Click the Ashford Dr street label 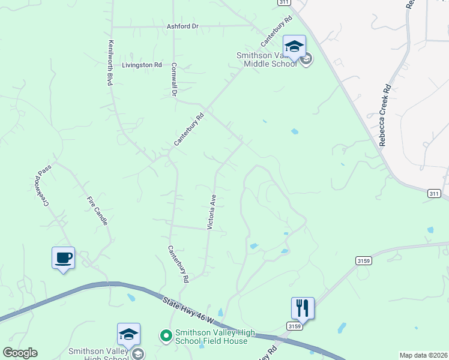click(182, 26)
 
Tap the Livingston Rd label click(142, 65)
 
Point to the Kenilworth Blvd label click(110, 63)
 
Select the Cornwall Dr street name click(174, 80)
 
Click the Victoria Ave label click(211, 211)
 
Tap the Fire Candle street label click(97, 211)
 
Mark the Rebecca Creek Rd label click(385, 115)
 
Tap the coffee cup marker click(63, 258)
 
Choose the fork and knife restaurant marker click(303, 308)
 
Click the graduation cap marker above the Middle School click(294, 46)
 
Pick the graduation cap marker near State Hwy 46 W click(128, 334)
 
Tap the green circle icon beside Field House click(166, 335)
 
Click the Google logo click(20, 353)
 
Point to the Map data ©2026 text click(423, 355)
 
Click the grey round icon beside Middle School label click(306, 59)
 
